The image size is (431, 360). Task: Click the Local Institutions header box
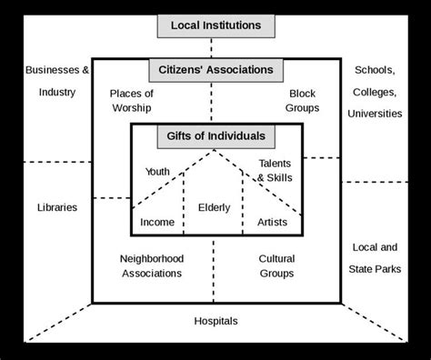coord(215,25)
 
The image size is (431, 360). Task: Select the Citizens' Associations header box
coord(215,69)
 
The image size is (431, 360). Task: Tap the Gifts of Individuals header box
coord(215,136)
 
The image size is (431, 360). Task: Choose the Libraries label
coord(57,207)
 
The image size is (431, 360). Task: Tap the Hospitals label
coord(215,321)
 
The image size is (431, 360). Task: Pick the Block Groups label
coord(303,101)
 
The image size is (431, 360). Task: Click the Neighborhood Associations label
coord(151,265)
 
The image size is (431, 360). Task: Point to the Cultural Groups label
coord(276,265)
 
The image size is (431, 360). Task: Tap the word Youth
coord(157,171)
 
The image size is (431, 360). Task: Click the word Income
coord(157,222)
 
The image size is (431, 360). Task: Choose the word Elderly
coord(215,207)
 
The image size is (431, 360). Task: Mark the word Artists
coord(272,222)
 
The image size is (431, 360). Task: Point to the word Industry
coord(57,91)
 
